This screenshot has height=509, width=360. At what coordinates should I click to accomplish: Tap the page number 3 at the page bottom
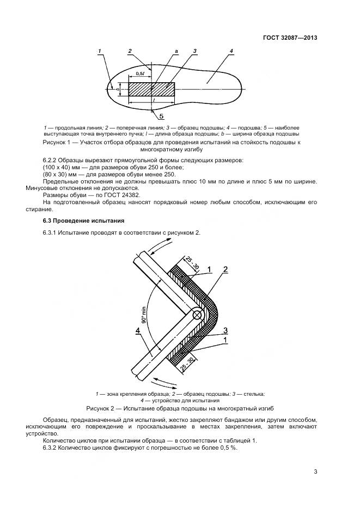pyautogui.click(x=315, y=471)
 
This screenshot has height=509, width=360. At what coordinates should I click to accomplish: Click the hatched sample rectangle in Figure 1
pyautogui.click(x=151, y=89)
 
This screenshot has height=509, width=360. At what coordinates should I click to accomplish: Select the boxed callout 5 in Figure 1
pyautogui.click(x=161, y=116)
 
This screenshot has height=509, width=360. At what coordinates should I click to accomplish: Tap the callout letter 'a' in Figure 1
pyautogui.click(x=176, y=51)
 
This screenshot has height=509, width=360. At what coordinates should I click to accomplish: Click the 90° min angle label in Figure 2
pyautogui.click(x=144, y=314)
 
